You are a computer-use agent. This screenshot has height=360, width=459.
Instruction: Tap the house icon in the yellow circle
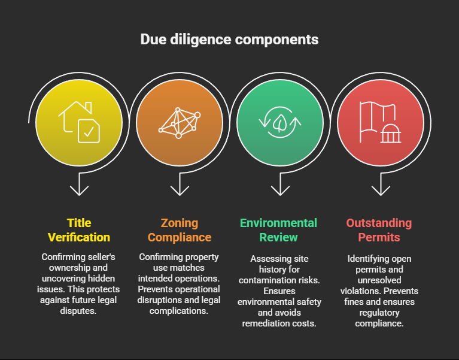click(x=79, y=122)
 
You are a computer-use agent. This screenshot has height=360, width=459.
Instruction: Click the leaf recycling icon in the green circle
click(x=280, y=122)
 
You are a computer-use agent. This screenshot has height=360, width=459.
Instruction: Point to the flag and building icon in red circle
click(x=380, y=122)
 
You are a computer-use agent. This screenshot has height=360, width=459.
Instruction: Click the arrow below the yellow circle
click(x=79, y=184)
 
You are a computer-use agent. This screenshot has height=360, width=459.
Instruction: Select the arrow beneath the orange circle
click(x=180, y=184)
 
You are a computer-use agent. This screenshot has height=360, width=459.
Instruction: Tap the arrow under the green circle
click(x=280, y=184)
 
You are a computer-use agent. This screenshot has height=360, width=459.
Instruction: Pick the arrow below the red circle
click(x=381, y=184)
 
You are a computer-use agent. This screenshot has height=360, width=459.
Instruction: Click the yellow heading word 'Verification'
click(x=79, y=237)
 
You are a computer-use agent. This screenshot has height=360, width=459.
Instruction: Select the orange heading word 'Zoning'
click(x=180, y=223)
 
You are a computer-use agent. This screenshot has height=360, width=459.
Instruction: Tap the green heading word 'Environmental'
click(x=278, y=223)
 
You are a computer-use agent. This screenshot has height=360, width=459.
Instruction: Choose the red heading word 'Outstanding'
click(x=379, y=223)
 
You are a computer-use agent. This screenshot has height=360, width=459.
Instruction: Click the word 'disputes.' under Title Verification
click(x=78, y=310)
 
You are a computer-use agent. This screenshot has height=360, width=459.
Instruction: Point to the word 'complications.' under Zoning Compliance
click(x=179, y=310)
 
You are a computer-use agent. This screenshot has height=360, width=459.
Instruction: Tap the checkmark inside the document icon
click(x=89, y=132)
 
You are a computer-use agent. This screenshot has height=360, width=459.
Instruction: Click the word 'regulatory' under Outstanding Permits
click(x=379, y=313)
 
